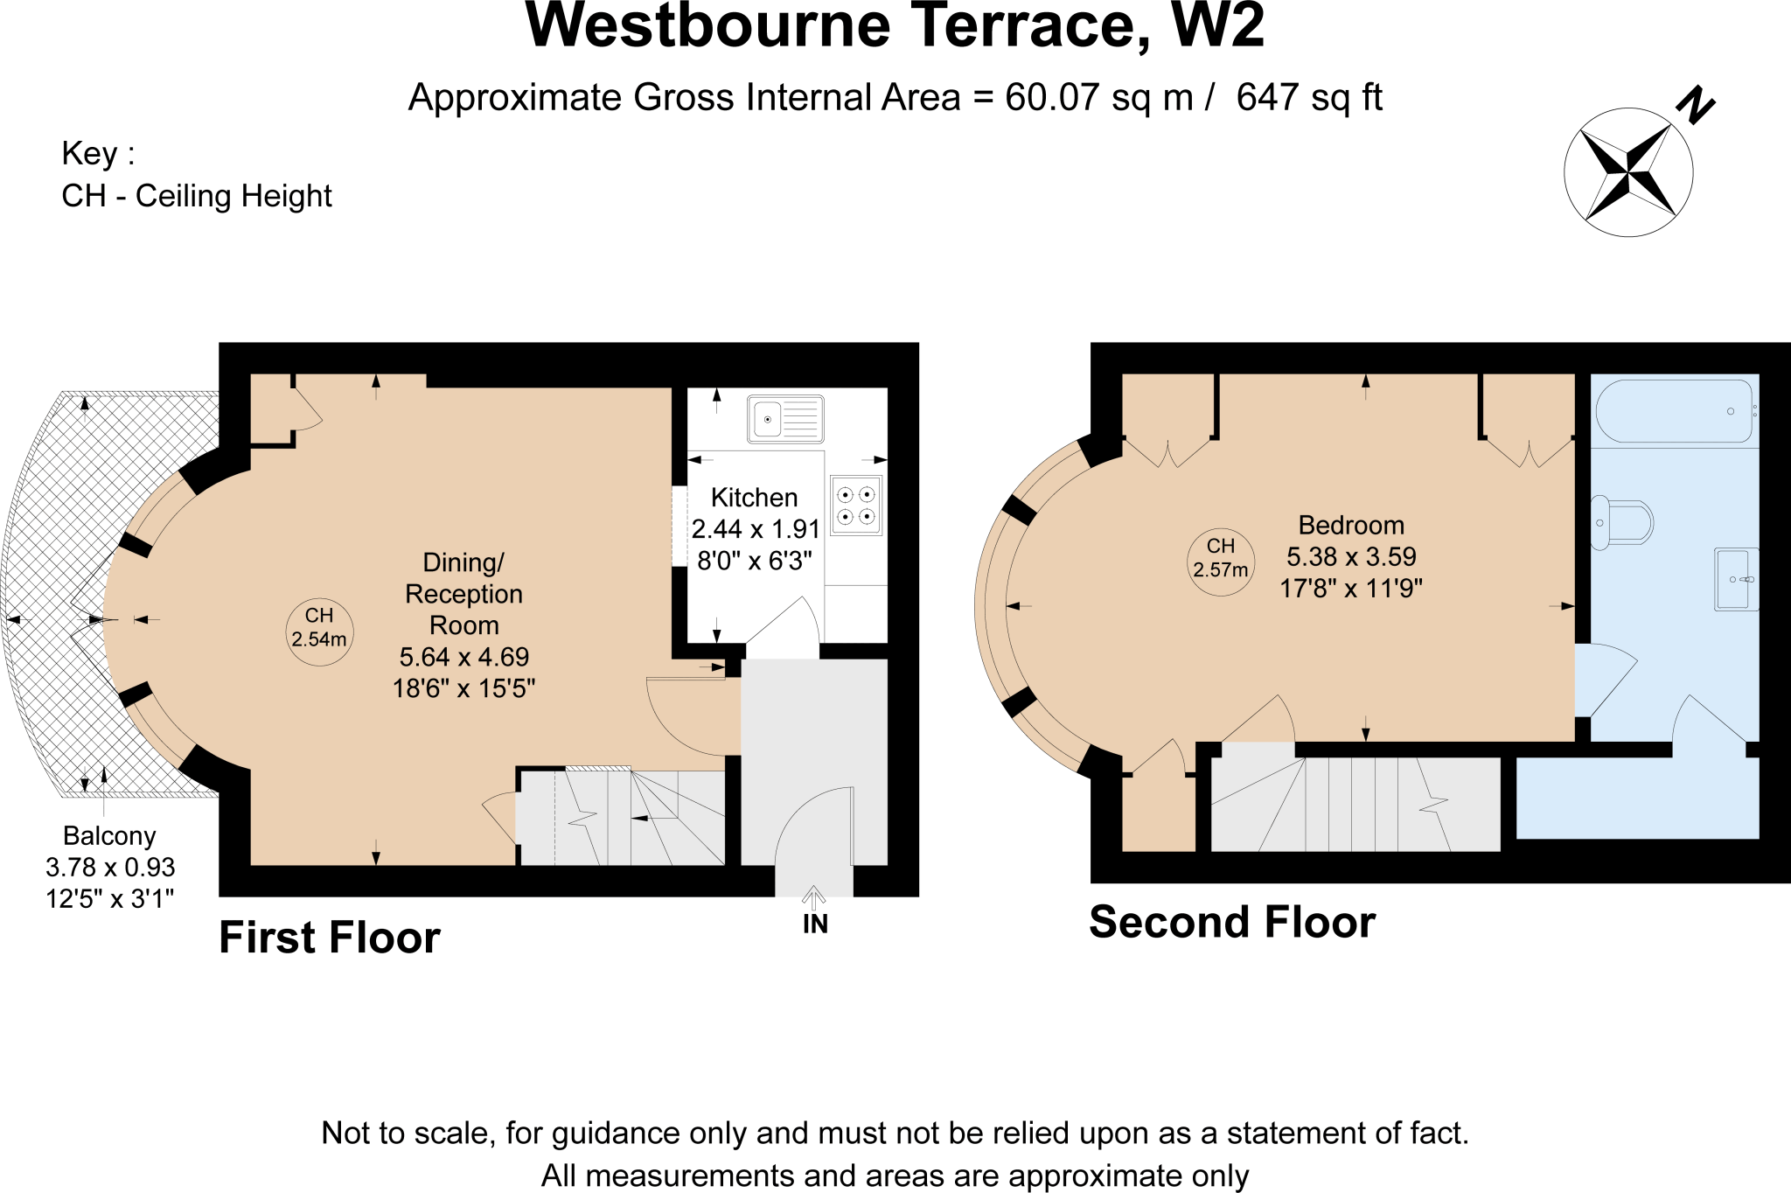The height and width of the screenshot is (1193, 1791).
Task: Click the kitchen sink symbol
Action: point(785,419)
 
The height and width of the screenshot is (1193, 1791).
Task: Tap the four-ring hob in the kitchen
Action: point(856,506)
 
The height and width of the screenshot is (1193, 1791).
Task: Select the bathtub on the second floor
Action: point(1675,411)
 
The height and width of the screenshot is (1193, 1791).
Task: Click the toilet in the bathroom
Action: point(1621,523)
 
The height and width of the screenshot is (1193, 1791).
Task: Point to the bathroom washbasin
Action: point(1736,579)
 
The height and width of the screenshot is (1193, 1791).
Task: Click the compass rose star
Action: point(1628,172)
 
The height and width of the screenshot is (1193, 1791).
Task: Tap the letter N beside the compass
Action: point(1696,105)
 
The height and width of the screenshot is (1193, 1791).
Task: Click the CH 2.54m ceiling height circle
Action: point(319,628)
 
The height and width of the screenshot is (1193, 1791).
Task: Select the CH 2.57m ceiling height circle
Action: point(1221,563)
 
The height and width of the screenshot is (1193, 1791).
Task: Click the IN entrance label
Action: point(815,924)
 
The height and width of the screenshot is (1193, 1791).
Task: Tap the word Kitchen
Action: point(755,498)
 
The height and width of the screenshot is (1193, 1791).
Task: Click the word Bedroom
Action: point(1351,525)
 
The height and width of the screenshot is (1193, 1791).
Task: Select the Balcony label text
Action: point(109,836)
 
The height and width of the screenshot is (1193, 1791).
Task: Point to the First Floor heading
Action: point(330,938)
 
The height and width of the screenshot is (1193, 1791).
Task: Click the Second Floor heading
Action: point(1232,922)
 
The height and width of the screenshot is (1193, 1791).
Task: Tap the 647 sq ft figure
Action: point(1309,97)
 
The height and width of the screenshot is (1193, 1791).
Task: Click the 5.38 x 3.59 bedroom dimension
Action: point(1351,556)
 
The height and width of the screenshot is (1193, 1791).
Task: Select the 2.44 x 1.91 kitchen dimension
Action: point(756,529)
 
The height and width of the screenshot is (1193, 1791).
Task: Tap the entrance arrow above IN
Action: point(814,897)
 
